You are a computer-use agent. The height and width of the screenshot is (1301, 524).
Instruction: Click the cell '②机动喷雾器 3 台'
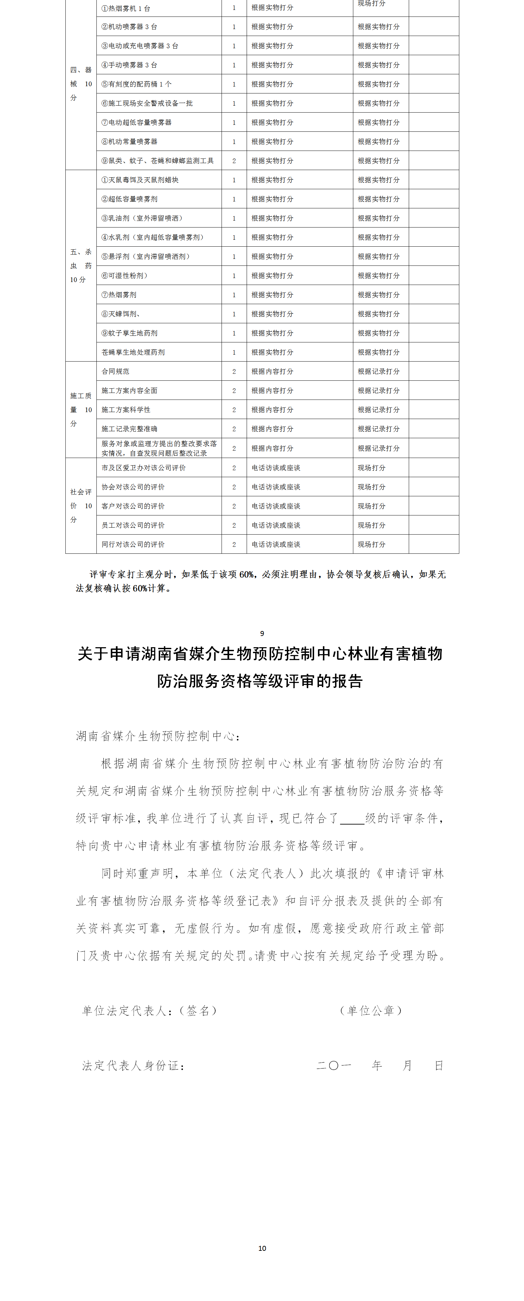coord(129,27)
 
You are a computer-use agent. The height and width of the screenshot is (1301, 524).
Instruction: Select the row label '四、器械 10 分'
coord(81,84)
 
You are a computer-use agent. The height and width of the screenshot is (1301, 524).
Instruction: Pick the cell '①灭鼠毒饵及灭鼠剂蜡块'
coord(140,180)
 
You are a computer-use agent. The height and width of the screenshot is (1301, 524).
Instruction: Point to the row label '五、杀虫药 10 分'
coord(81,266)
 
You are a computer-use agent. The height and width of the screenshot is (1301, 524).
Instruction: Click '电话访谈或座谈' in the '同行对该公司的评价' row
coord(276,545)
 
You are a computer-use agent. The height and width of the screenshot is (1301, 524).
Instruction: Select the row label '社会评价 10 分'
coord(81,506)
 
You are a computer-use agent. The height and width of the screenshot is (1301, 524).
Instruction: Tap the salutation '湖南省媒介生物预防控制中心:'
coord(158,736)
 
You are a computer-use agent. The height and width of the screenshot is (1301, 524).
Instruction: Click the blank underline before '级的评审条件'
coord(352,818)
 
